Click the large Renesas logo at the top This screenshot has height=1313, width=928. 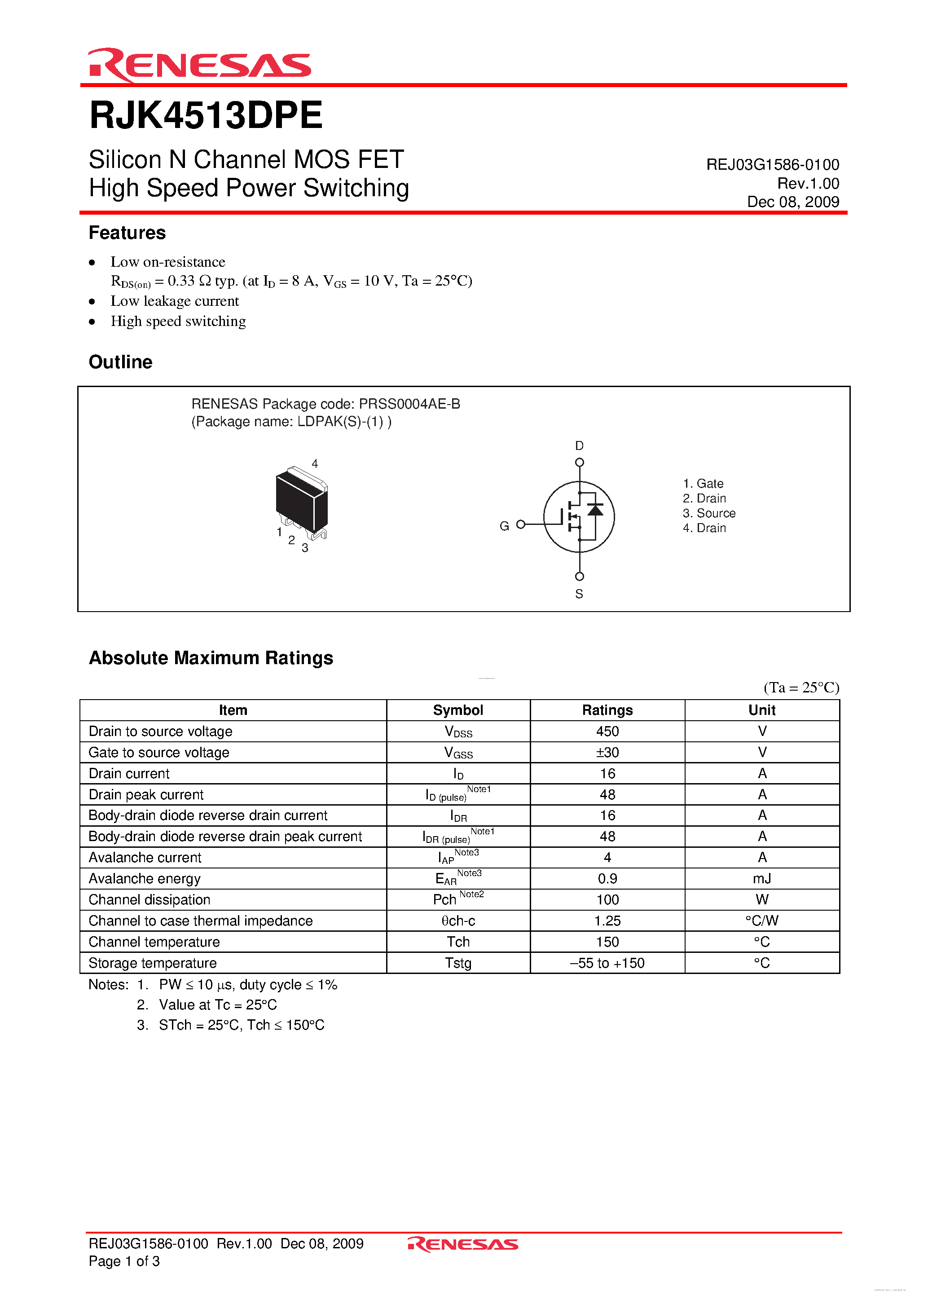click(199, 65)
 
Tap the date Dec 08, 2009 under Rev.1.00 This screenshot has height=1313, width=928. click(792, 202)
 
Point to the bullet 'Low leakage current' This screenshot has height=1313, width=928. click(174, 301)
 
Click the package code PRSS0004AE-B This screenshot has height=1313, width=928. click(409, 404)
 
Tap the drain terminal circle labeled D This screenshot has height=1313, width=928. click(579, 462)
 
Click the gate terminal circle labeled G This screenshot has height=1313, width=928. click(520, 524)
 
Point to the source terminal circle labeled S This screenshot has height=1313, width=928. click(579, 577)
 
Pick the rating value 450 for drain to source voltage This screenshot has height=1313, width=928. click(607, 731)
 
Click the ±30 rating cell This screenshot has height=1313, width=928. click(607, 753)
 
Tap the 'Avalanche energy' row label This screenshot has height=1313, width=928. click(145, 878)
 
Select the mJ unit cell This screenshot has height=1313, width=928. click(761, 878)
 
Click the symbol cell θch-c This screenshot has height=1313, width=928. click(458, 921)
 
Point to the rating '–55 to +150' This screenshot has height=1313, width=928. click(607, 963)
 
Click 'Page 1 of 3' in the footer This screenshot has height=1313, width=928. click(124, 1261)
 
